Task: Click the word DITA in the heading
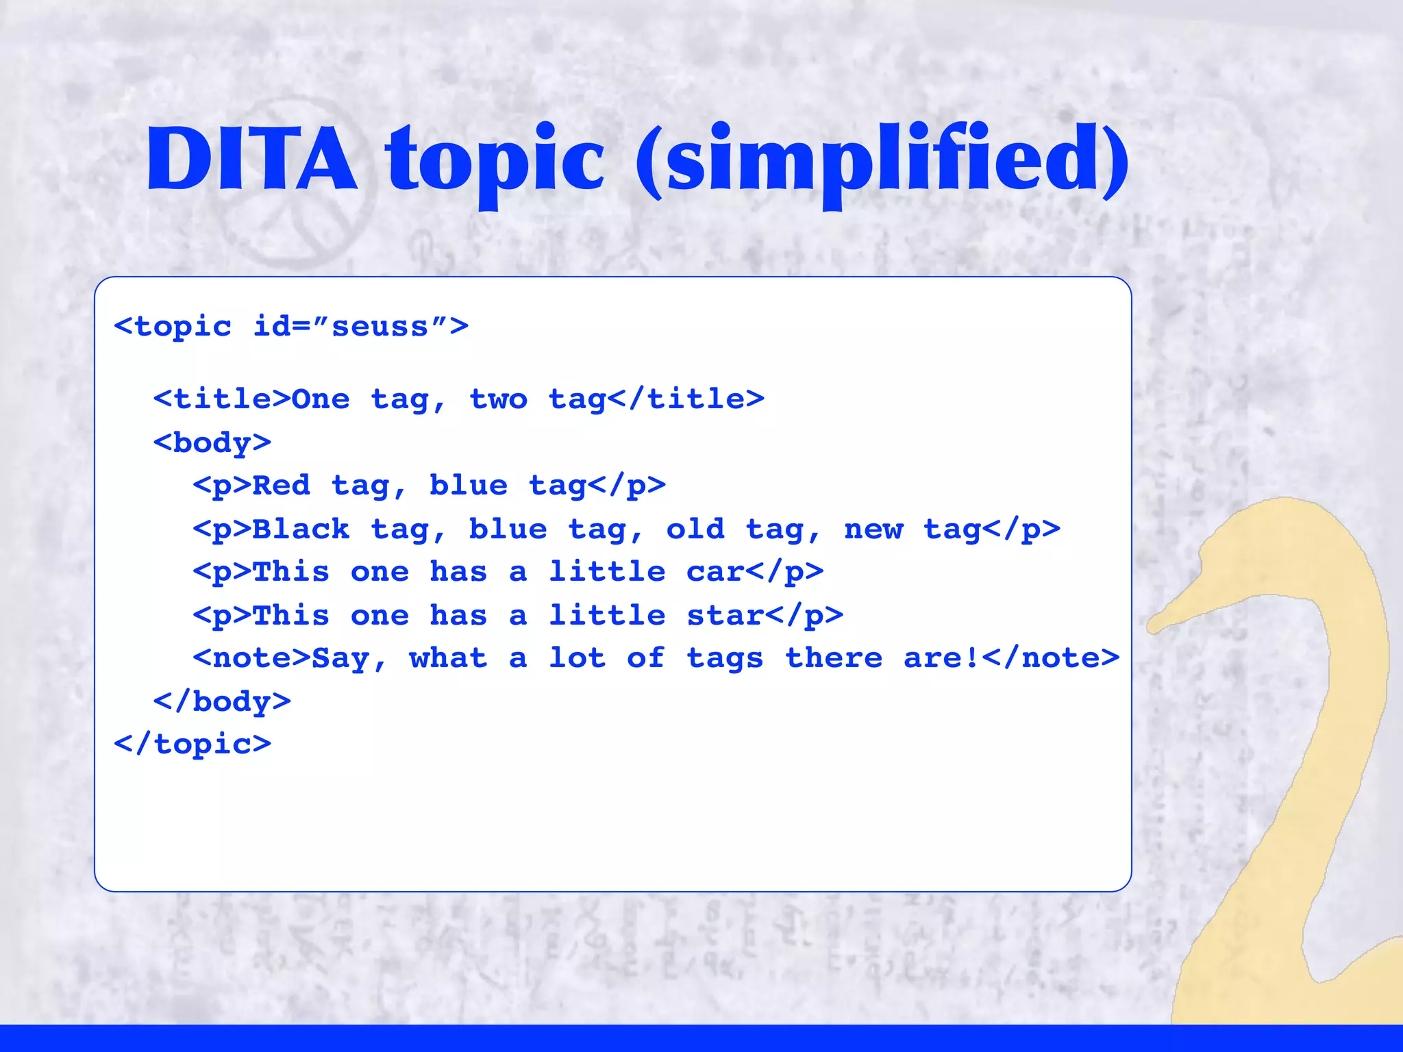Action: coord(251,159)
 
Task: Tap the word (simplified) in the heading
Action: coord(882,161)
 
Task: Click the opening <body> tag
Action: coord(212,442)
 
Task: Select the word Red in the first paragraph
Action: coord(282,486)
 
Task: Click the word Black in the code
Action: coord(301,529)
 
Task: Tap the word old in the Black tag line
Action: coord(695,529)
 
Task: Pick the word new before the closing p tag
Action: coord(873,529)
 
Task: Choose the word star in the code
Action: coord(724,615)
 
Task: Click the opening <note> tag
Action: coord(251,658)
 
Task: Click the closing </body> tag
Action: coord(222,701)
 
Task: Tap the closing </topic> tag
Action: coord(193,744)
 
